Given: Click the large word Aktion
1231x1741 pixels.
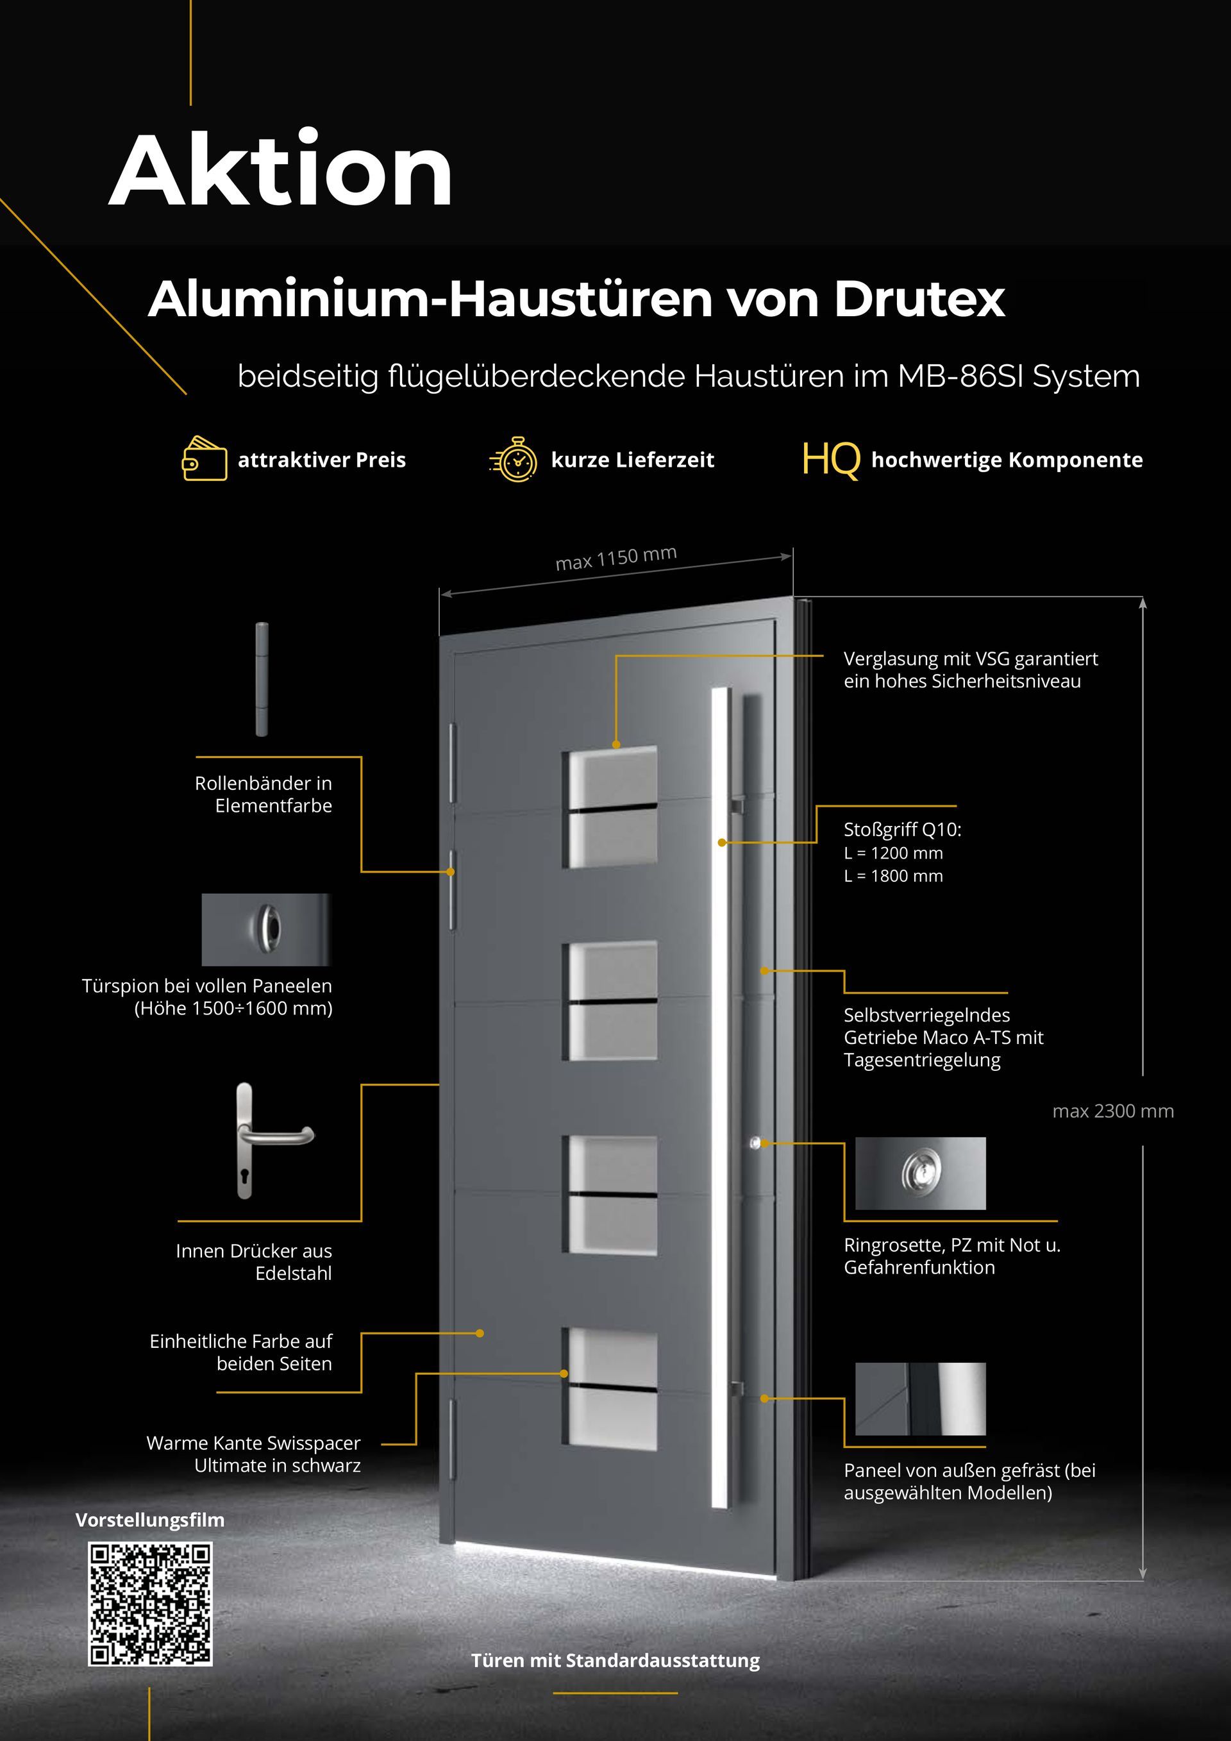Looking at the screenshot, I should (280, 171).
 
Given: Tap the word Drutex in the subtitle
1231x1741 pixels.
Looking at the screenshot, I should (919, 299).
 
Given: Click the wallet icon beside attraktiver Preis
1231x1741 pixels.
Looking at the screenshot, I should (204, 458).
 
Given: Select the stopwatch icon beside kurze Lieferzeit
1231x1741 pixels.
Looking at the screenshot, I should (515, 458).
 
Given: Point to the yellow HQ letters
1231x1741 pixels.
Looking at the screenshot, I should (831, 460).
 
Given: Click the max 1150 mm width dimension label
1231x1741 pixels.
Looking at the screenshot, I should (615, 558).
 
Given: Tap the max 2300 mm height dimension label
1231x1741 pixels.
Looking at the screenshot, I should (1112, 1111).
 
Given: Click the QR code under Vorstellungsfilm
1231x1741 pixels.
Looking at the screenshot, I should (150, 1604).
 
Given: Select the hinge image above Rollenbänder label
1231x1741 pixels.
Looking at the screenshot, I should (262, 678).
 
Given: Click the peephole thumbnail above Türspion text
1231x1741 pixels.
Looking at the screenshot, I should (266, 929).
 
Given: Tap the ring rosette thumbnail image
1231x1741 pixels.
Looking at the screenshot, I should (920, 1173).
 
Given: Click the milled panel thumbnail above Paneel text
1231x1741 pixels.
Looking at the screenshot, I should (920, 1399).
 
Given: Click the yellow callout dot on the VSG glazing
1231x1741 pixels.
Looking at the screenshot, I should (616, 744).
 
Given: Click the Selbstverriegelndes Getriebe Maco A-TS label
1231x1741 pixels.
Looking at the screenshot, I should (943, 1036).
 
